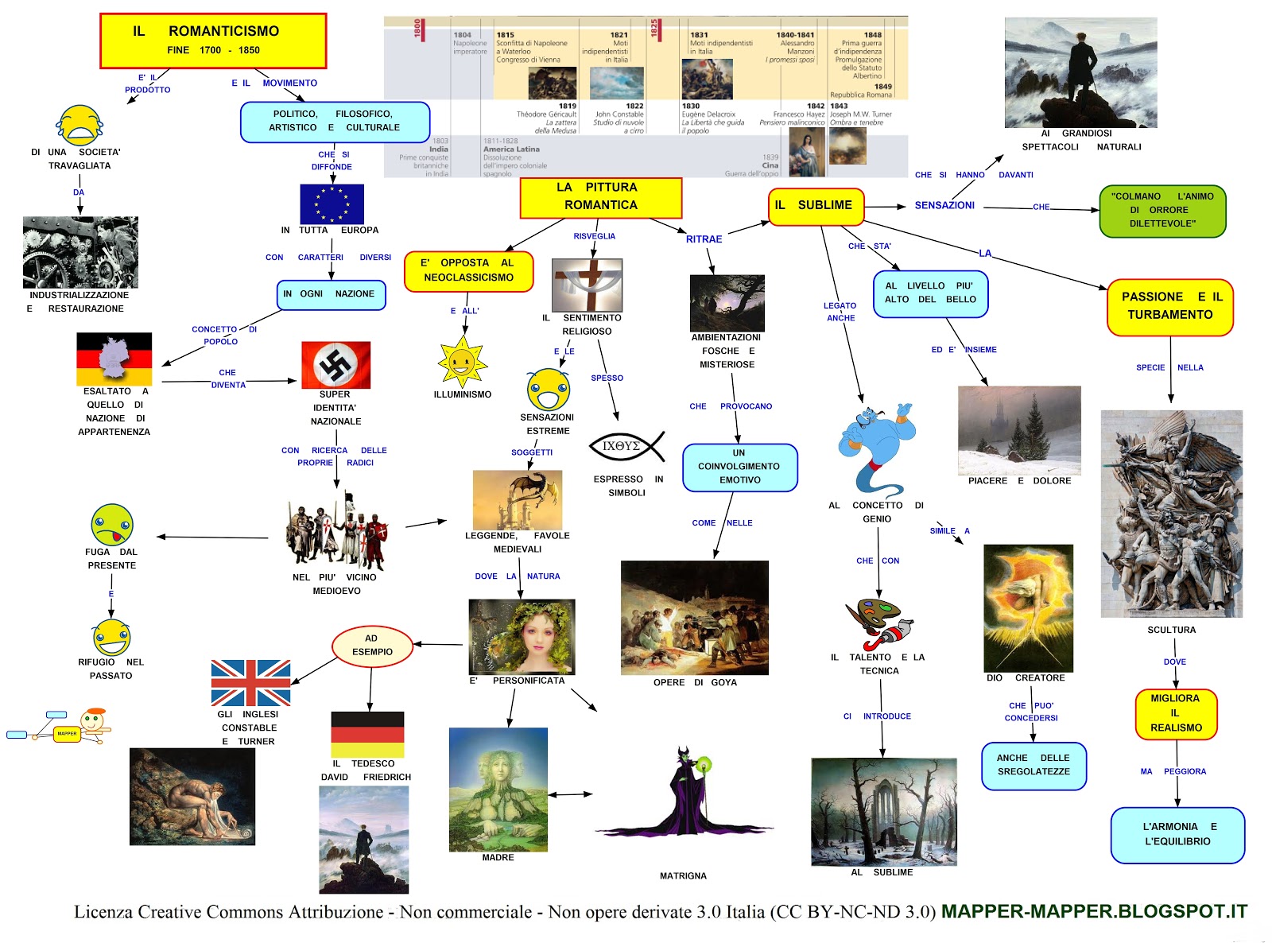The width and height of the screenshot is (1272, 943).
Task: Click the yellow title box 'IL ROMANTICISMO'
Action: click(213, 41)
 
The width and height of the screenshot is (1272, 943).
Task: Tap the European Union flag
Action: click(332, 204)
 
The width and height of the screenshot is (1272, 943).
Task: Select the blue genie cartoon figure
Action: click(876, 448)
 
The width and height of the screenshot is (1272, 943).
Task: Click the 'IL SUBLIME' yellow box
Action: click(816, 206)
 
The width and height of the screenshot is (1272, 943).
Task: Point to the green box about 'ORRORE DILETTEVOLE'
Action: click(1162, 210)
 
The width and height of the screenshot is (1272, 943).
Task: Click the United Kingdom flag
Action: click(250, 683)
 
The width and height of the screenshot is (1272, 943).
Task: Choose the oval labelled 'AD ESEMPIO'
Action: click(372, 646)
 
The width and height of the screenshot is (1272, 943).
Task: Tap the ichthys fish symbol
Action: click(626, 447)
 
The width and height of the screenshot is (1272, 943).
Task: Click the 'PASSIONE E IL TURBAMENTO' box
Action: click(1170, 306)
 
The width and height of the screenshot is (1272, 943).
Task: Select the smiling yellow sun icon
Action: click(462, 362)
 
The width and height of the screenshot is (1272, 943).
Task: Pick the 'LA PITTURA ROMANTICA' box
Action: click(601, 197)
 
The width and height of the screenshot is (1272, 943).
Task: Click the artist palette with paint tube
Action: click(878, 623)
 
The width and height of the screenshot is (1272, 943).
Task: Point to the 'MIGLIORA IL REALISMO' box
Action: click(1176, 713)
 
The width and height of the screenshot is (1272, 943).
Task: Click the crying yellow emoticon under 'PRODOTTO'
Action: click(79, 125)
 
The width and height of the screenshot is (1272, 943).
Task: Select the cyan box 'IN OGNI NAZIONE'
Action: click(331, 294)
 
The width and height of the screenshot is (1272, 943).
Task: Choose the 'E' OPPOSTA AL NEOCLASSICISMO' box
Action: click(468, 271)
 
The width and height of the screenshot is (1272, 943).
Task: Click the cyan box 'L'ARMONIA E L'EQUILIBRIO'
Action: click(1177, 835)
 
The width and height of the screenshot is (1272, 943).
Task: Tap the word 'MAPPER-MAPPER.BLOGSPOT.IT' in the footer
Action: click(1094, 911)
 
